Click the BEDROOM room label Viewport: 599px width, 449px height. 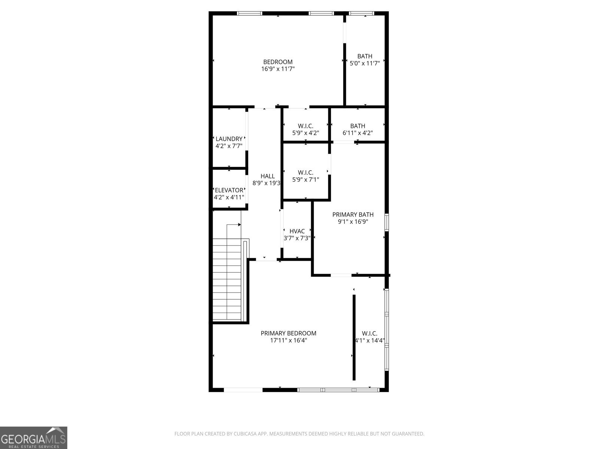278,62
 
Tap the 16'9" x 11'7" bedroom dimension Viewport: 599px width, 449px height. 278,69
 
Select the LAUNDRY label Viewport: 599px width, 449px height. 229,139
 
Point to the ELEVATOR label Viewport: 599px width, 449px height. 229,190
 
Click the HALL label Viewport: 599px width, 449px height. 267,176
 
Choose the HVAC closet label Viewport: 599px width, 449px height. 297,231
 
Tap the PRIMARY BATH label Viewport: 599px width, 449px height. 353,214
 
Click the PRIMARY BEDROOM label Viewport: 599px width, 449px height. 288,333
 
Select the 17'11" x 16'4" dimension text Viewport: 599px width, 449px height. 288,340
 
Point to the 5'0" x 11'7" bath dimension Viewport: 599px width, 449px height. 365,63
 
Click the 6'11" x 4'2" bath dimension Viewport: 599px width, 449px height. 358,133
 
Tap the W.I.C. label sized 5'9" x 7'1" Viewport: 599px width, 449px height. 305,172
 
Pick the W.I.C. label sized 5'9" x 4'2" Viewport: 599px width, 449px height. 305,126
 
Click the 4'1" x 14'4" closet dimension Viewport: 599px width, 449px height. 370,340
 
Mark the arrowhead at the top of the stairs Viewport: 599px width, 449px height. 239,224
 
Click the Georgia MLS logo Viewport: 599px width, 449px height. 34,437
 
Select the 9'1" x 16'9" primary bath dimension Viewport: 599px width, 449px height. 353,222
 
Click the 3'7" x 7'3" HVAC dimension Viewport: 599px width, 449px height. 297,238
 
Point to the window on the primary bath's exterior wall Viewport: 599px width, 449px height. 387,221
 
